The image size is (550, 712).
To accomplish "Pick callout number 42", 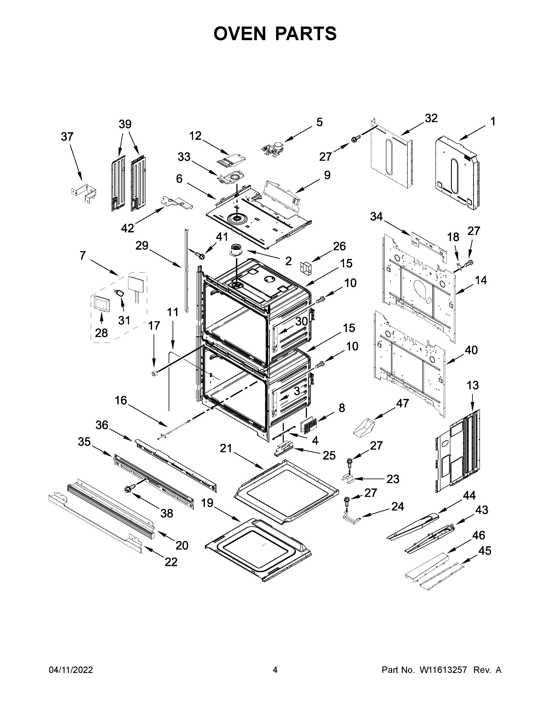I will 127,228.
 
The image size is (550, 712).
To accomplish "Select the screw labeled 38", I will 129,489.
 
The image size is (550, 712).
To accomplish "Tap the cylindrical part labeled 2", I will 237,251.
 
